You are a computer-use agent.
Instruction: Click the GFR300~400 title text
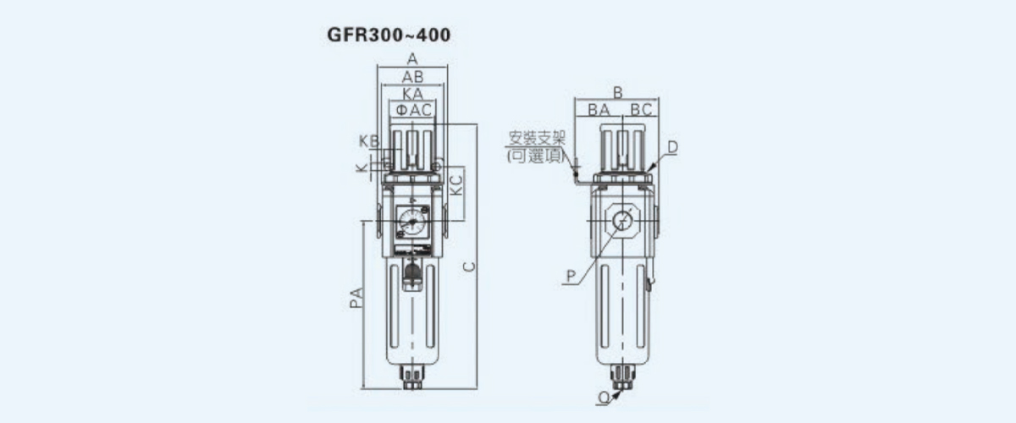tap(389, 35)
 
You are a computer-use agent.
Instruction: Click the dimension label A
tap(412, 59)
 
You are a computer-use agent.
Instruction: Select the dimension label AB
tap(413, 77)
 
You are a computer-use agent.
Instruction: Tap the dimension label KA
tap(413, 94)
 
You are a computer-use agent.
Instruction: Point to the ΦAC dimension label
tap(414, 110)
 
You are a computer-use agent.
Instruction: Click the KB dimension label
tap(369, 141)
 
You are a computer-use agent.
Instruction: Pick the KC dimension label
tap(456, 185)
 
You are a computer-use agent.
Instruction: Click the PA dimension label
tap(357, 298)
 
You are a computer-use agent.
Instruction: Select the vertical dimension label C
tap(470, 266)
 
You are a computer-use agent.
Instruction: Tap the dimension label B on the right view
tap(617, 92)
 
